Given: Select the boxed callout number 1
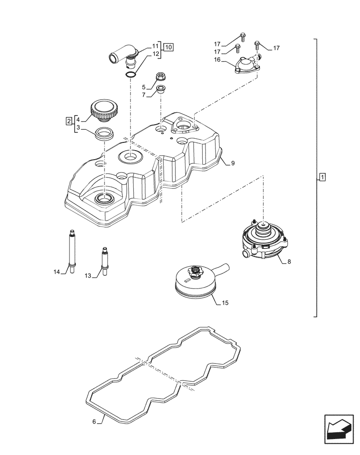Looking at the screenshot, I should (322, 177).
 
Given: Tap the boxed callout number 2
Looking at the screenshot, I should (69, 121).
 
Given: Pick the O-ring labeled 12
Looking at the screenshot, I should (130, 74).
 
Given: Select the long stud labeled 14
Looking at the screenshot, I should (71, 249).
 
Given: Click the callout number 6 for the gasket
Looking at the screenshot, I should (94, 422).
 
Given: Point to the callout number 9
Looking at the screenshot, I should (232, 163).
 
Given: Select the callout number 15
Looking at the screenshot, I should (225, 303).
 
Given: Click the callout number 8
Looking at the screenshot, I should (290, 262).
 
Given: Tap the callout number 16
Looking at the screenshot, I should (218, 60).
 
